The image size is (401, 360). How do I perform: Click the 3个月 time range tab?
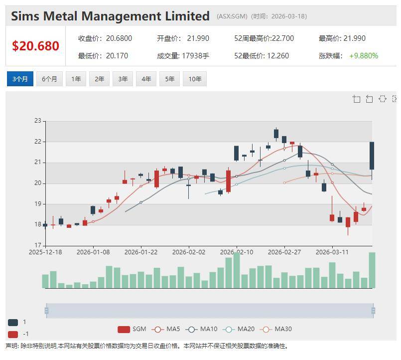point(20,79)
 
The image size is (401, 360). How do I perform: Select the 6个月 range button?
point(49,79)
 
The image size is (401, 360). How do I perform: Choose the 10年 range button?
point(195,79)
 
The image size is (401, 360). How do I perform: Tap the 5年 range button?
point(169,79)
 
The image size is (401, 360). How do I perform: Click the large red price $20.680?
point(35,46)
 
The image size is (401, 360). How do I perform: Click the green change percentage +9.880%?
point(363,56)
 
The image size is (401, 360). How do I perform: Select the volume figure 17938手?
point(194,56)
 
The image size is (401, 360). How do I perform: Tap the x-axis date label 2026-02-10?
point(237,252)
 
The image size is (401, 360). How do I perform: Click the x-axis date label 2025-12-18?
point(45,252)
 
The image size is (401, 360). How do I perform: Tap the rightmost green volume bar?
point(372,270)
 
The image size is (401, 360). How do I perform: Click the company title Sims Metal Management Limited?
point(110,16)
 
